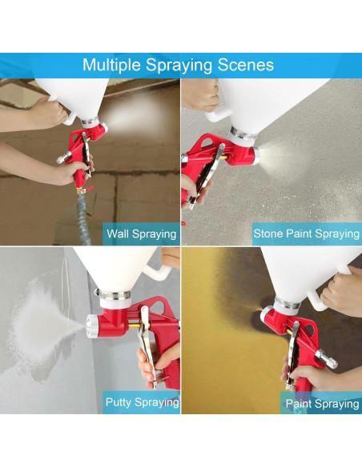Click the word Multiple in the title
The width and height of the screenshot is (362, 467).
click(x=111, y=66)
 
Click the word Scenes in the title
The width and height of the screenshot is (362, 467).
click(x=246, y=65)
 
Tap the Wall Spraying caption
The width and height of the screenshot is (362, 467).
click(x=141, y=234)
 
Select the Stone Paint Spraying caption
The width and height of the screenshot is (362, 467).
click(x=306, y=233)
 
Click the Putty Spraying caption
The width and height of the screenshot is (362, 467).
click(x=143, y=402)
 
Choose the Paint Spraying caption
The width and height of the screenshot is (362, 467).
click(x=322, y=404)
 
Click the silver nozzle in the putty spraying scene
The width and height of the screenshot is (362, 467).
click(x=92, y=326)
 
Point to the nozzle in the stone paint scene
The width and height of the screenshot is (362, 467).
click(x=255, y=155)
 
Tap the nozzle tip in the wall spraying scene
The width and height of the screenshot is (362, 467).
click(x=103, y=127)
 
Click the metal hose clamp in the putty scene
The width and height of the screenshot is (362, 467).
click(x=113, y=294)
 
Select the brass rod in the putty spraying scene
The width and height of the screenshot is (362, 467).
click(x=135, y=325)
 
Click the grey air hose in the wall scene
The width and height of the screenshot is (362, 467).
click(x=84, y=218)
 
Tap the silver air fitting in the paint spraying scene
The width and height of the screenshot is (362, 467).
click(x=326, y=359)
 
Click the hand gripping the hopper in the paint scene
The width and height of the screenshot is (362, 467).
click(x=343, y=290)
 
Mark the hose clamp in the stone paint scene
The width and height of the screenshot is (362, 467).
click(x=243, y=133)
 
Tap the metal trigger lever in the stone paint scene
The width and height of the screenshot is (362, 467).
click(x=208, y=175)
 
